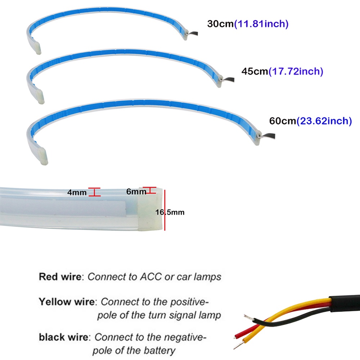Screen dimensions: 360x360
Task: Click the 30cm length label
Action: pyautogui.click(x=220, y=24)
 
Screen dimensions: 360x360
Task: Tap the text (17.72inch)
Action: pyautogui.click(x=296, y=71)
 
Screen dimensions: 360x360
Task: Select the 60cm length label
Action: pyautogui.click(x=283, y=121)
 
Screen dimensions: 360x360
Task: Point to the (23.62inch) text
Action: pyautogui.click(x=324, y=121)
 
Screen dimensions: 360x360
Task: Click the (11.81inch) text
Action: pyautogui.click(x=261, y=24)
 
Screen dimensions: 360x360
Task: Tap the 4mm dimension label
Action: pyautogui.click(x=77, y=192)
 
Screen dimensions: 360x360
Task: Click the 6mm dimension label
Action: pyautogui.click(x=136, y=192)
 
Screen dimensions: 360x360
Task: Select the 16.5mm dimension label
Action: pyautogui.click(x=170, y=212)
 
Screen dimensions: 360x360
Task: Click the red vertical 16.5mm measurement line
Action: pyautogui.click(x=165, y=210)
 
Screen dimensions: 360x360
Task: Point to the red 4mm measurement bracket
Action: pyautogui.click(x=94, y=192)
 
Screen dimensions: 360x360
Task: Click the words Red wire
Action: pyautogui.click(x=60, y=276)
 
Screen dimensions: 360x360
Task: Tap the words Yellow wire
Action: pyautogui.click(x=67, y=302)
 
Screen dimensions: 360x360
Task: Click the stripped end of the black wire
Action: pyautogui.click(x=248, y=318)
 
